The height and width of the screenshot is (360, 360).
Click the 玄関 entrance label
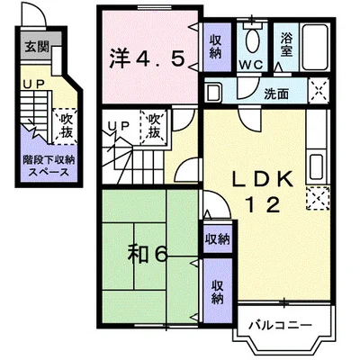click(x=36, y=47)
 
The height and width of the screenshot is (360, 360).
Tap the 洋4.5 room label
click(x=146, y=59)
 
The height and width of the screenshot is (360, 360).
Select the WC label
click(x=251, y=65)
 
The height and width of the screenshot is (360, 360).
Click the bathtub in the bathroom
click(x=314, y=48)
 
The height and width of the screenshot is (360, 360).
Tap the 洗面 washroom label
click(x=276, y=94)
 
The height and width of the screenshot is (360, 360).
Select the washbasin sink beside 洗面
click(x=213, y=93)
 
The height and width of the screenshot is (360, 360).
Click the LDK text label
click(x=263, y=179)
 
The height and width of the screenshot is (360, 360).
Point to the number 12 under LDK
click(x=263, y=205)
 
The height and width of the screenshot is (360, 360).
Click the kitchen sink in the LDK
click(x=316, y=167)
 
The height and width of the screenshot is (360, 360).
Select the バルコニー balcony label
click(x=281, y=325)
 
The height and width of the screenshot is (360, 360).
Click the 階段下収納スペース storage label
click(x=49, y=166)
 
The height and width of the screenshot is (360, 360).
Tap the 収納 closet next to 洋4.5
click(x=215, y=47)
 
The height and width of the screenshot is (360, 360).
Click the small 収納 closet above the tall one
click(x=218, y=239)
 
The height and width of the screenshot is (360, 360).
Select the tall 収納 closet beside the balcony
click(x=217, y=292)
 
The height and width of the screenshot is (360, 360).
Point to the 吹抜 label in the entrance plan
click(x=66, y=126)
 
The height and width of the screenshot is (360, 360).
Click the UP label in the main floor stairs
click(x=119, y=126)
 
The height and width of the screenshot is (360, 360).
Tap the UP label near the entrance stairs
click(x=34, y=85)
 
